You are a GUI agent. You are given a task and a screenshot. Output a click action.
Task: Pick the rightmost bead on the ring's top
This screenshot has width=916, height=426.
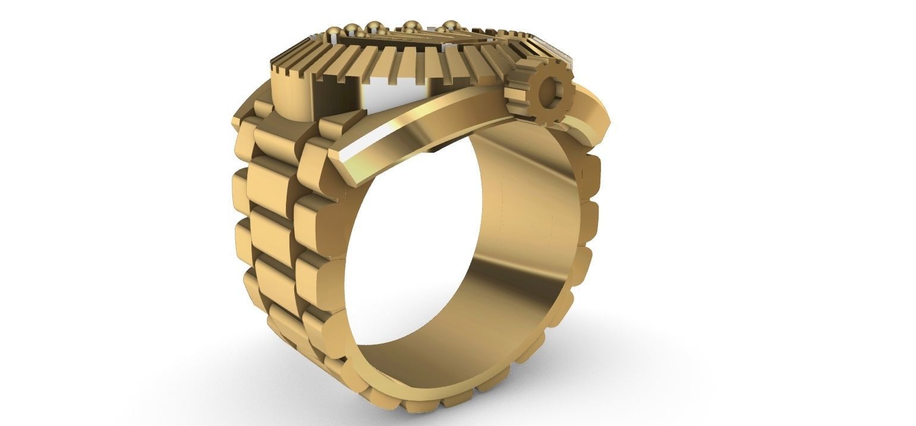[451, 26]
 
